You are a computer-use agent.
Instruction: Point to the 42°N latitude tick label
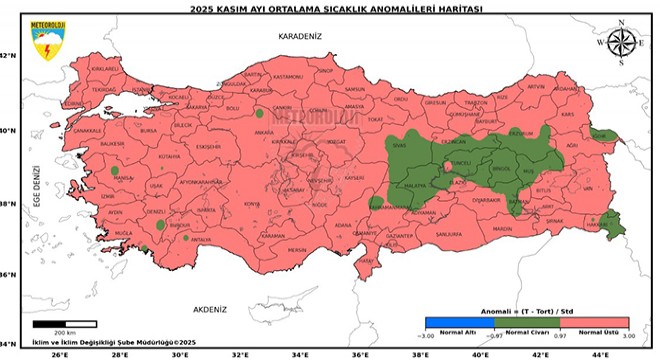[9, 56]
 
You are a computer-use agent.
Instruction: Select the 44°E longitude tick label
[605, 353]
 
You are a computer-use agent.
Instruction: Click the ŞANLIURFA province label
[449, 235]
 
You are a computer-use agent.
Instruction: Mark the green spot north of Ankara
[259, 113]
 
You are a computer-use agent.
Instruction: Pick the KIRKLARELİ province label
[104, 69]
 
